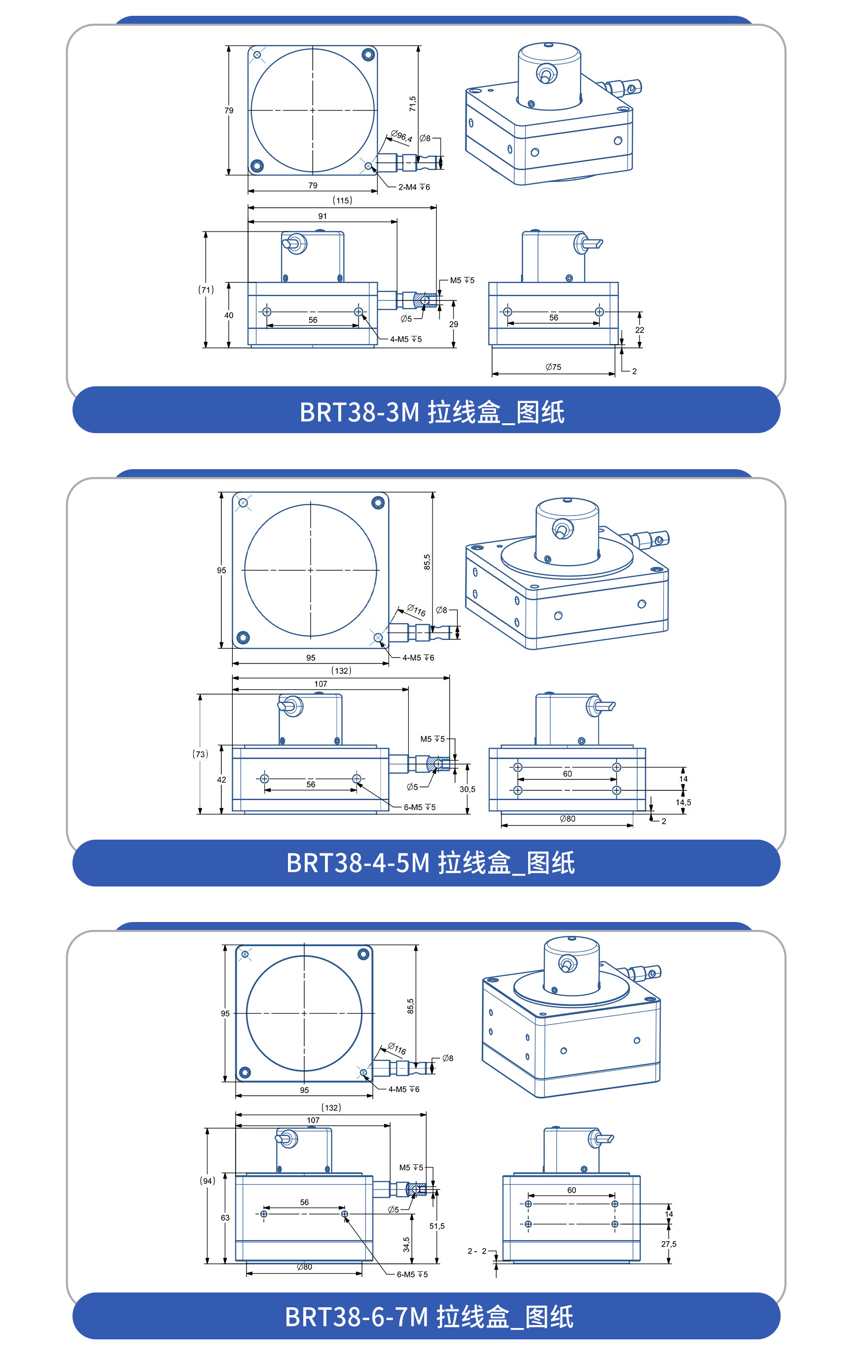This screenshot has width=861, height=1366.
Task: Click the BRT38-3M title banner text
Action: [431, 412]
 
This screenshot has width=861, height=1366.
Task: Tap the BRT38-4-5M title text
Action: [430, 863]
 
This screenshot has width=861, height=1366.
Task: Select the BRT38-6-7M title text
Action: [429, 1316]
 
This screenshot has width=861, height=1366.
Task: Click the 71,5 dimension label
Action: [412, 103]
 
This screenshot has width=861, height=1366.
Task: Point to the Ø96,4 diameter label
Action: [401, 136]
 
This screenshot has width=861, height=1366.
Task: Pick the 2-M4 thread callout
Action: [413, 187]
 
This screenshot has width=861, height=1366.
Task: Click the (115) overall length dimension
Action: [342, 200]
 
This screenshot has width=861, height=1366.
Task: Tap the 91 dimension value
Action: [322, 216]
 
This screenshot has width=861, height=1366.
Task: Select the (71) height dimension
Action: [206, 290]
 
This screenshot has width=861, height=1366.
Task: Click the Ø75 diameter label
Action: [553, 367]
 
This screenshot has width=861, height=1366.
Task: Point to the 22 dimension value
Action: [639, 330]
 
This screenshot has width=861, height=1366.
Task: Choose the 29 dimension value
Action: [453, 324]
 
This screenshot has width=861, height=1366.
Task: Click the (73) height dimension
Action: [200, 754]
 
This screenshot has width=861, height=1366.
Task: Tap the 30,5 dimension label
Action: [467, 789]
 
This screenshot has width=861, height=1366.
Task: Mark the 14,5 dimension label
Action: [683, 802]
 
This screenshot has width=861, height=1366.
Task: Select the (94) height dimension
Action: [207, 1181]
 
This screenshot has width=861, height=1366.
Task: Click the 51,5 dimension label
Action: [437, 1226]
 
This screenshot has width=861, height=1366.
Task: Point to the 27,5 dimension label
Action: [668, 1244]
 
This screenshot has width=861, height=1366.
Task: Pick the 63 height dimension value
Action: [225, 1218]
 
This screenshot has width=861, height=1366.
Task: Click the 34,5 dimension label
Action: [406, 1245]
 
